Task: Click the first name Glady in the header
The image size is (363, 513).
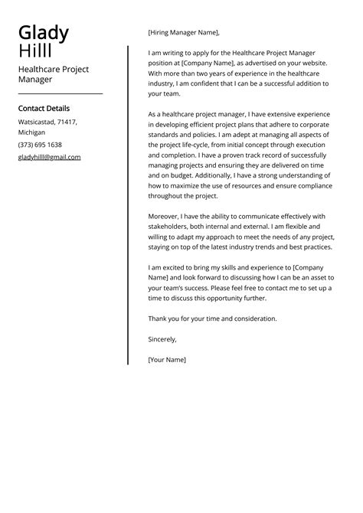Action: [x=44, y=33]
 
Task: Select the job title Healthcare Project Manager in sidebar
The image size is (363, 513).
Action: [x=53, y=74]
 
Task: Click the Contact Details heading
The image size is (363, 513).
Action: [x=44, y=109]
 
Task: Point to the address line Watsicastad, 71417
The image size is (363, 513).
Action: [x=47, y=122]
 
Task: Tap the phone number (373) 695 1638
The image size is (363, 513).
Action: [x=40, y=145]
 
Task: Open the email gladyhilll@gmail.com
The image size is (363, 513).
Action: [x=49, y=157]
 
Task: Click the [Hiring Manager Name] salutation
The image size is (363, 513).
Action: [x=183, y=33]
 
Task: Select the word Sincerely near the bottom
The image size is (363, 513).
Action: [x=162, y=338]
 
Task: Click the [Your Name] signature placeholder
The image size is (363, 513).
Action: [x=167, y=358]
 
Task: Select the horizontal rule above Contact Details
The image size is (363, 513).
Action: [x=60, y=93]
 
